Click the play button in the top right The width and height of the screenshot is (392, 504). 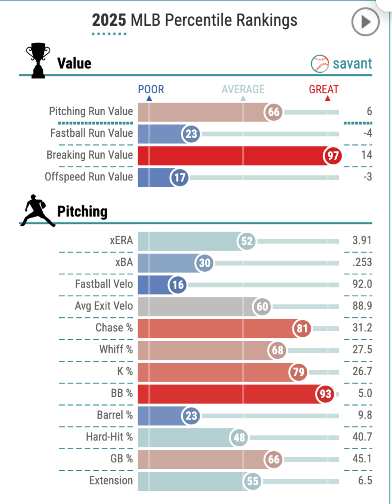365,22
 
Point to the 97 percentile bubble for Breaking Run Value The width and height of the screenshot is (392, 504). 333,156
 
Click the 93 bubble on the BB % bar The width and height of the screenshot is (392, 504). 325,394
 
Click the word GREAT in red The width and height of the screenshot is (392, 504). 324,89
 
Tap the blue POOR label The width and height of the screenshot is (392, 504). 151,89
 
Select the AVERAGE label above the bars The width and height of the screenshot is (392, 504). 243,89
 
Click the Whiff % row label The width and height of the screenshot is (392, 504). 116,350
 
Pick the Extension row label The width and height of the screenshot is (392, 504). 111,480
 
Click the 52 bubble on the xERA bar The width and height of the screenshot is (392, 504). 247,241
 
